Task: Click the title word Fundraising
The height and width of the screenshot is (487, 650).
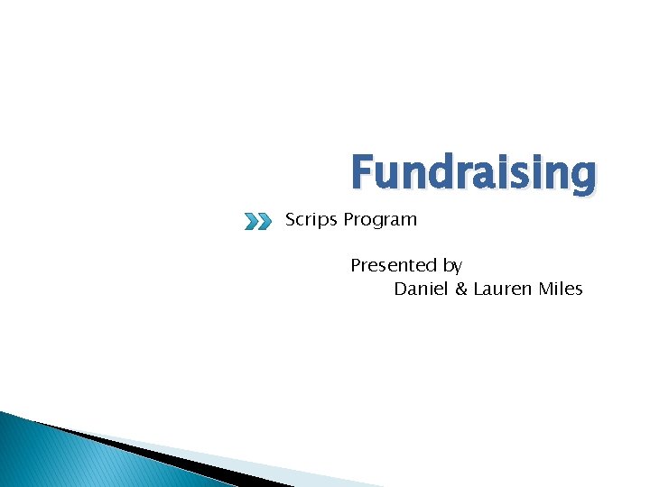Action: pos(473,172)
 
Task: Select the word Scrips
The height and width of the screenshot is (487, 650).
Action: pos(311,220)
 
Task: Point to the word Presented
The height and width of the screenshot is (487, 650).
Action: pos(394,265)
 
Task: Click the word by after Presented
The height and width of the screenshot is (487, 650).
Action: pos(452,266)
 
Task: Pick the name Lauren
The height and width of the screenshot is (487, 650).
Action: pos(501,289)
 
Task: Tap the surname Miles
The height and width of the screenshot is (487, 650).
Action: pos(562,289)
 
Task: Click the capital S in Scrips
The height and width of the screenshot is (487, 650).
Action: pos(291,219)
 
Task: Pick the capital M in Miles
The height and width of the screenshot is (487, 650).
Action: pos(547,289)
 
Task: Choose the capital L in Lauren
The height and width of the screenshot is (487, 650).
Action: pos(478,289)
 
